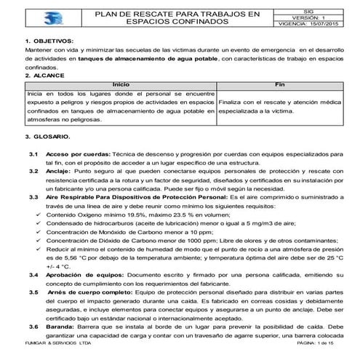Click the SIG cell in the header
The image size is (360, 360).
[x=309, y=9]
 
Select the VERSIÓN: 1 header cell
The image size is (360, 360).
[x=309, y=17]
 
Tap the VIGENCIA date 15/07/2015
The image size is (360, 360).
[x=324, y=24]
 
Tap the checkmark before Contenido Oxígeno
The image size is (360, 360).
[x=38, y=217]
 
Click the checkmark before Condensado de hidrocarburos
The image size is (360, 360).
[x=38, y=226]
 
